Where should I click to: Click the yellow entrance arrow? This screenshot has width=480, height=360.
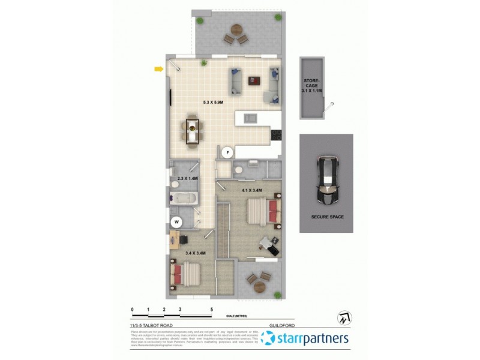(158, 69)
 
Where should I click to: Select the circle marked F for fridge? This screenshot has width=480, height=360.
(227, 153)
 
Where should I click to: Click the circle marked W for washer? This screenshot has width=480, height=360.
(176, 222)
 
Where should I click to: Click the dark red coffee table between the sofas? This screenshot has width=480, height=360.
(254, 80)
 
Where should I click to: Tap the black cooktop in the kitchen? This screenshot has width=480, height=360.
(276, 136)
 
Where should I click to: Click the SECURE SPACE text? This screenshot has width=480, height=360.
(327, 217)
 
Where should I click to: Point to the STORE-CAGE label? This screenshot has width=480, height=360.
(312, 84)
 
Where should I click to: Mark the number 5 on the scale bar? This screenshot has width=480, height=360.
(211, 310)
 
